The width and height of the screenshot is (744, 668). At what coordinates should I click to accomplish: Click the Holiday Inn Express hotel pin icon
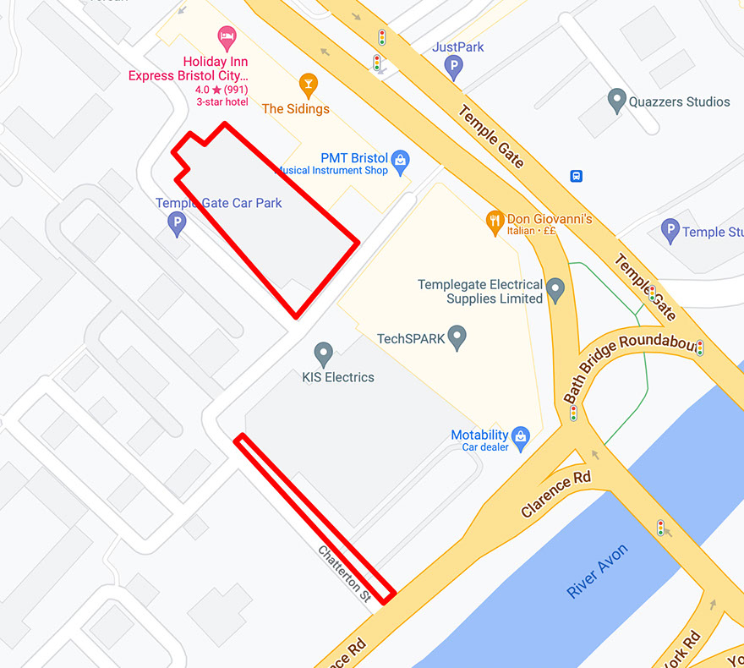click(227, 37)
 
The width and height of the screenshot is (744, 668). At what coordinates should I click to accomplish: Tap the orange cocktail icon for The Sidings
click(309, 84)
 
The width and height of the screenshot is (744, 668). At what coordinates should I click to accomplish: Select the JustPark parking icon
click(455, 66)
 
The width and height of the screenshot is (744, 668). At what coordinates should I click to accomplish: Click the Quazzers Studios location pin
click(617, 101)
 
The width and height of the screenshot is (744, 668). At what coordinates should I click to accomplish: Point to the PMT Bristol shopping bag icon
click(401, 159)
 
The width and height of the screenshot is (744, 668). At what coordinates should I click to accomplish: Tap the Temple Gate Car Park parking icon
click(177, 223)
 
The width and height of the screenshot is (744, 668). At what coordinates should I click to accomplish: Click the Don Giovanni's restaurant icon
click(495, 222)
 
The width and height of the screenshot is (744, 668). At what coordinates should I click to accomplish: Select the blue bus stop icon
click(577, 176)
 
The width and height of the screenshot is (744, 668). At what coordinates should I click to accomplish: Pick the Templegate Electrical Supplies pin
click(555, 289)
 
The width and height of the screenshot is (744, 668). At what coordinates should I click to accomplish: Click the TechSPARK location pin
click(457, 337)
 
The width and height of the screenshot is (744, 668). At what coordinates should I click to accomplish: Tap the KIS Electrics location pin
click(323, 354)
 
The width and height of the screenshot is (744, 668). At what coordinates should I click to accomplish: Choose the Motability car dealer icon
click(521, 436)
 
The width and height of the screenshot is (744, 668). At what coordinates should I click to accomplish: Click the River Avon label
click(598, 572)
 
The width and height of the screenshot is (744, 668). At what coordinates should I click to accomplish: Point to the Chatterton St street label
click(345, 573)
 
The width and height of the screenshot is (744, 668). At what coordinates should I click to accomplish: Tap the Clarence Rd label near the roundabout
click(556, 492)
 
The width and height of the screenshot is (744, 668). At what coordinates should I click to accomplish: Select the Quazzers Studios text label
click(679, 101)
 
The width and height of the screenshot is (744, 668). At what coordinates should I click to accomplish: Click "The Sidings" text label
click(296, 109)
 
